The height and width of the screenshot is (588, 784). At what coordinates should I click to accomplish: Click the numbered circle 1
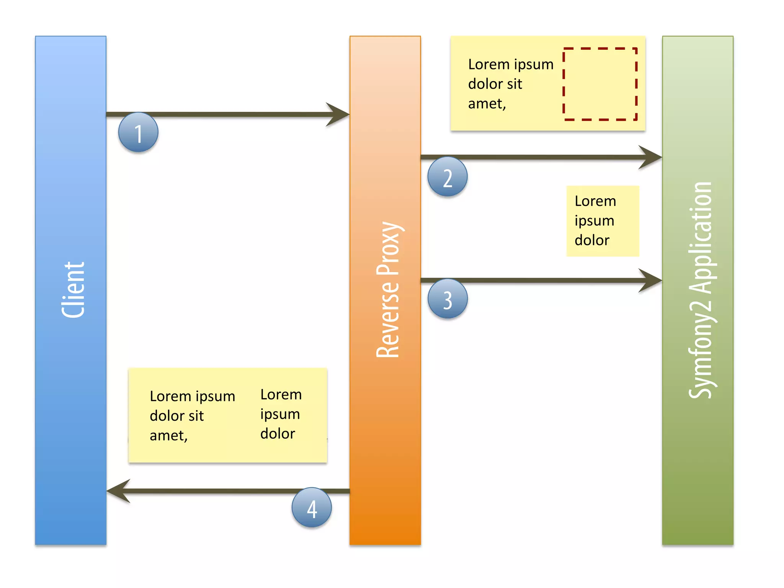click(138, 132)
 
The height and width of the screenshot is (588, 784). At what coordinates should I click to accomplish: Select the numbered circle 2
click(447, 177)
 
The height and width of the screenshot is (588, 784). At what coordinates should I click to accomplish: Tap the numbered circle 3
click(447, 299)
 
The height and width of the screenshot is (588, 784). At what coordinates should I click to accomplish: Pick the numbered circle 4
click(312, 508)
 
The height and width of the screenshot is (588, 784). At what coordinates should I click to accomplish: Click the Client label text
click(73, 290)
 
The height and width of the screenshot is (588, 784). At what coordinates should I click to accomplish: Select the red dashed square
click(600, 84)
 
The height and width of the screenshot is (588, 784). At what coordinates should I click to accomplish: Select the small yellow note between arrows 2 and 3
click(603, 221)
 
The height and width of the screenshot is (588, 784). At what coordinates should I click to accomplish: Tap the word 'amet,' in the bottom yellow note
click(168, 436)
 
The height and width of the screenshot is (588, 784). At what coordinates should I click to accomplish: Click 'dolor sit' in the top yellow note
click(495, 84)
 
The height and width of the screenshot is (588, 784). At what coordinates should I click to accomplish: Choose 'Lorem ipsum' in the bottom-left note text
click(192, 396)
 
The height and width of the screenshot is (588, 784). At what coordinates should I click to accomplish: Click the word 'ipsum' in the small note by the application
click(594, 221)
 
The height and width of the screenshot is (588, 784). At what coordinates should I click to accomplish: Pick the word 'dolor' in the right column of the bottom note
click(278, 434)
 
